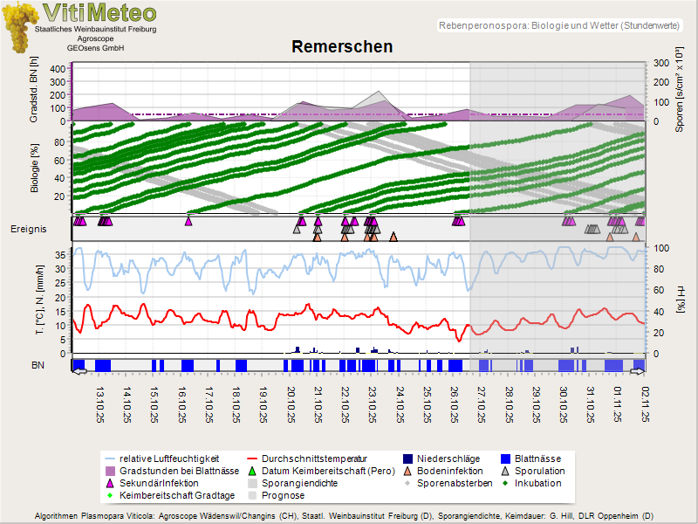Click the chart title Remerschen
342,46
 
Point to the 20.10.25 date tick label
291,406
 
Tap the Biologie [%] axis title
35,165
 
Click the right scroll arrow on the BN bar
637,372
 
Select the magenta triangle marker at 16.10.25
188,221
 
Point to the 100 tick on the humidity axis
662,248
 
